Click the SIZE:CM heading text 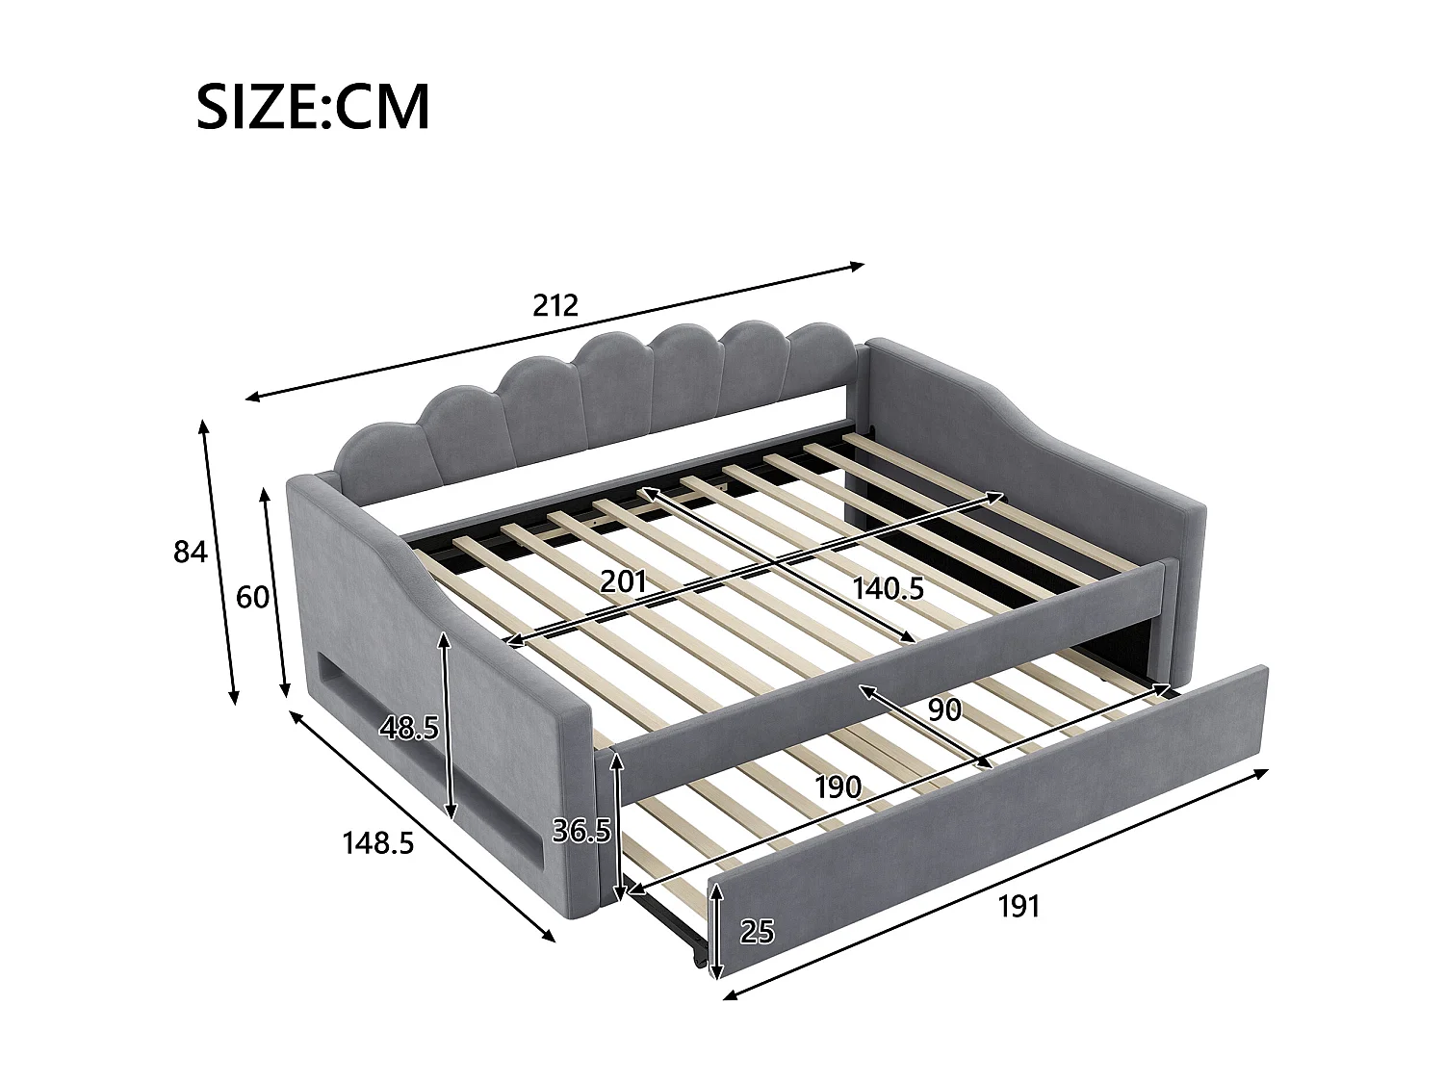coord(313,108)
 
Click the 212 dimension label coord(555,305)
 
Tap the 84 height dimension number coord(191,553)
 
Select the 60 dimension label coord(252,597)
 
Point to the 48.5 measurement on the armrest coord(408,728)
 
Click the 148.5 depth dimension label coord(377,843)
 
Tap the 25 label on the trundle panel coord(758,932)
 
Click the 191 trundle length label coord(1019,906)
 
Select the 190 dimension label coord(837,787)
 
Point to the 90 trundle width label coord(944,710)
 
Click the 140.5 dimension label coord(888,587)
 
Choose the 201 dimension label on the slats coord(622,581)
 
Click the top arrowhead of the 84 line coord(202,425)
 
